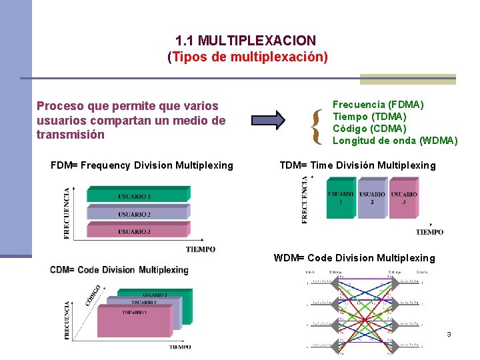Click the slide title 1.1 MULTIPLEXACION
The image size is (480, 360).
pos(245,41)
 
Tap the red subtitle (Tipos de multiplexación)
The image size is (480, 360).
pos(247,57)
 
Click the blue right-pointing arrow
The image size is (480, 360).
pos(268,120)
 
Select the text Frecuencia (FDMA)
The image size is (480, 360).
pos(378,105)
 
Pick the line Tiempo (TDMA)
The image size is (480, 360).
pos(369,117)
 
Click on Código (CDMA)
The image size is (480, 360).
pos(369,129)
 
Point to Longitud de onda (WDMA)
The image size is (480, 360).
pos(395,141)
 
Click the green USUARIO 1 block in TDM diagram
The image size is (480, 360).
pos(341,198)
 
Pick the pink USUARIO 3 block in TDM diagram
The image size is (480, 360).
pos(404,198)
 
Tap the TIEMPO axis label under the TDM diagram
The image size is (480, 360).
pos(429,232)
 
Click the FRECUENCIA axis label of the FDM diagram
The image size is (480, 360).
pos(67,213)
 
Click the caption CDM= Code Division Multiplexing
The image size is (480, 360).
pos(119,270)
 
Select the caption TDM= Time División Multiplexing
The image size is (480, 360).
pos(357,165)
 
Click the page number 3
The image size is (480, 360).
pos(449,334)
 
